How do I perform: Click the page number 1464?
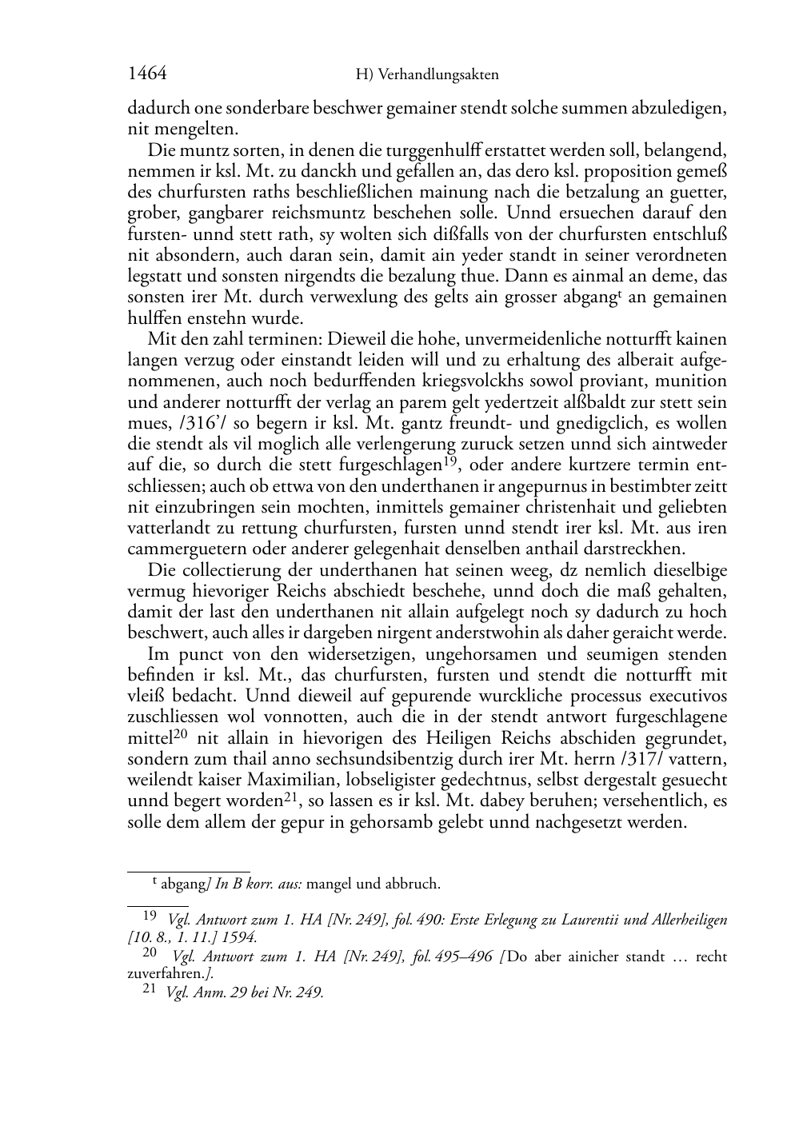[146, 74]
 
